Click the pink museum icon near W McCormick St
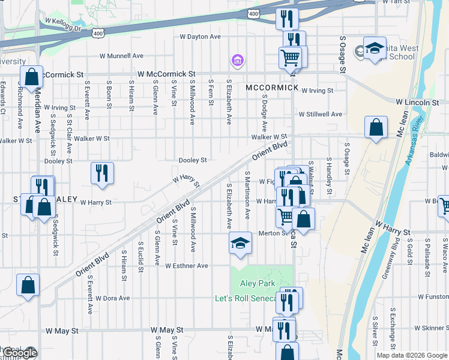[x=237, y=61]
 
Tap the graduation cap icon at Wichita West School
[x=375, y=49]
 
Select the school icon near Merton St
[x=240, y=243]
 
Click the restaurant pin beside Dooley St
[x=102, y=173]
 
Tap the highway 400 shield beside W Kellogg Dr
[x=98, y=34]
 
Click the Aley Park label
[x=258, y=283]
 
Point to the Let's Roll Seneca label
[x=246, y=298]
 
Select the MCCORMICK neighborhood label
[x=272, y=88]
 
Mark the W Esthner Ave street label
[x=187, y=265]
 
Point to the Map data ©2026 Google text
[x=411, y=355]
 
